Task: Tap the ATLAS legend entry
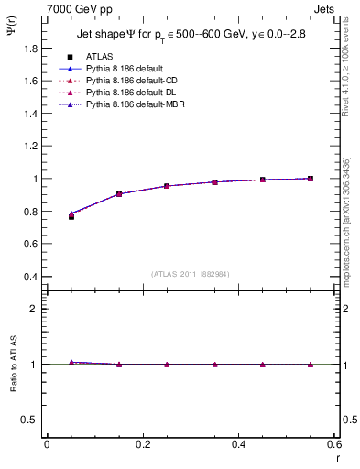pos(99,56)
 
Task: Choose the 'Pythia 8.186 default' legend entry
pos(127,69)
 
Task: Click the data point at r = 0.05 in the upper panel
pos(71,216)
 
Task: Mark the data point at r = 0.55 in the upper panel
pos(311,179)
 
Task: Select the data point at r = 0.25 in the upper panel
pos(167,186)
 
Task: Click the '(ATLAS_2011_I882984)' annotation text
pos(190,273)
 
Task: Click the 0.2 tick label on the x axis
pos(142,444)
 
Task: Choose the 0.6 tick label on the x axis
pos(333,444)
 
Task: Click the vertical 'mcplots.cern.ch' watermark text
pos(347,238)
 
